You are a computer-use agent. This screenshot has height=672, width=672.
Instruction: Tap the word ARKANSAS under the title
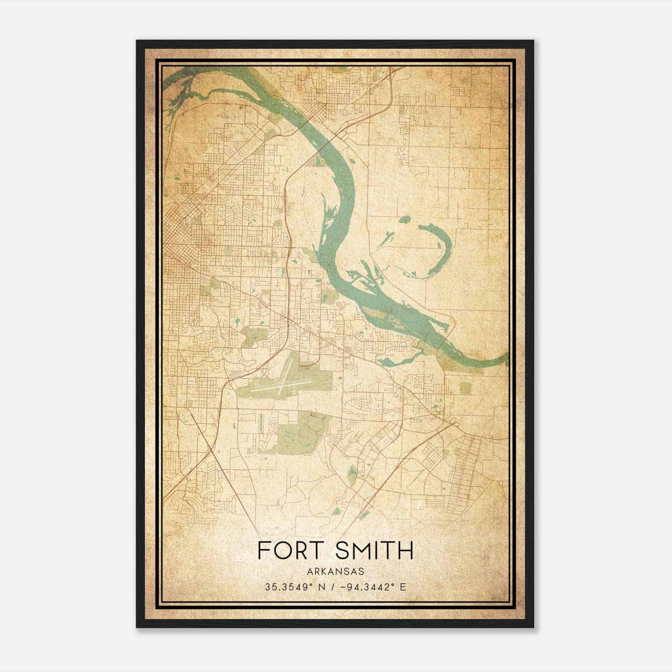click(335, 572)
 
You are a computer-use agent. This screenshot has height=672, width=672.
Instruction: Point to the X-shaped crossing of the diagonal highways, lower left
click(209, 451)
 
